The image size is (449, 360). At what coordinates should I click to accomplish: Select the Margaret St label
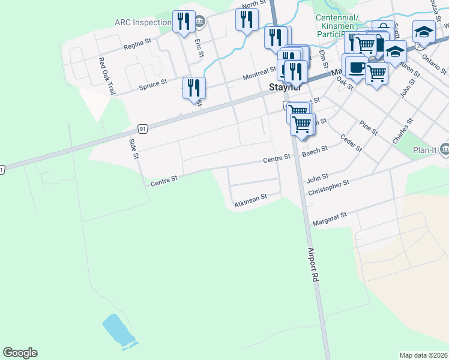pyautogui.click(x=330, y=218)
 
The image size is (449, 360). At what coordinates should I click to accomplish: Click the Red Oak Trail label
pyautogui.click(x=107, y=76)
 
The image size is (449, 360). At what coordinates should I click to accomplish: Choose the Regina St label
pyautogui.click(x=136, y=46)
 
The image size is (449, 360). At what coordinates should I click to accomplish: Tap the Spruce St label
pyautogui.click(x=152, y=85)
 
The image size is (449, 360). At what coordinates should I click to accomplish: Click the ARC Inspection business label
pyautogui.click(x=143, y=23)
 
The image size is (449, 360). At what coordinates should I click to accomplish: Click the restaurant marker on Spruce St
pyautogui.click(x=194, y=88)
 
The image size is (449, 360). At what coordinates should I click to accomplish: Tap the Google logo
pyautogui.click(x=20, y=353)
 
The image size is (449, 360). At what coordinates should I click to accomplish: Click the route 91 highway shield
pyautogui.click(x=142, y=128)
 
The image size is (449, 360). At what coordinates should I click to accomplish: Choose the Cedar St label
pyautogui.click(x=351, y=143)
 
